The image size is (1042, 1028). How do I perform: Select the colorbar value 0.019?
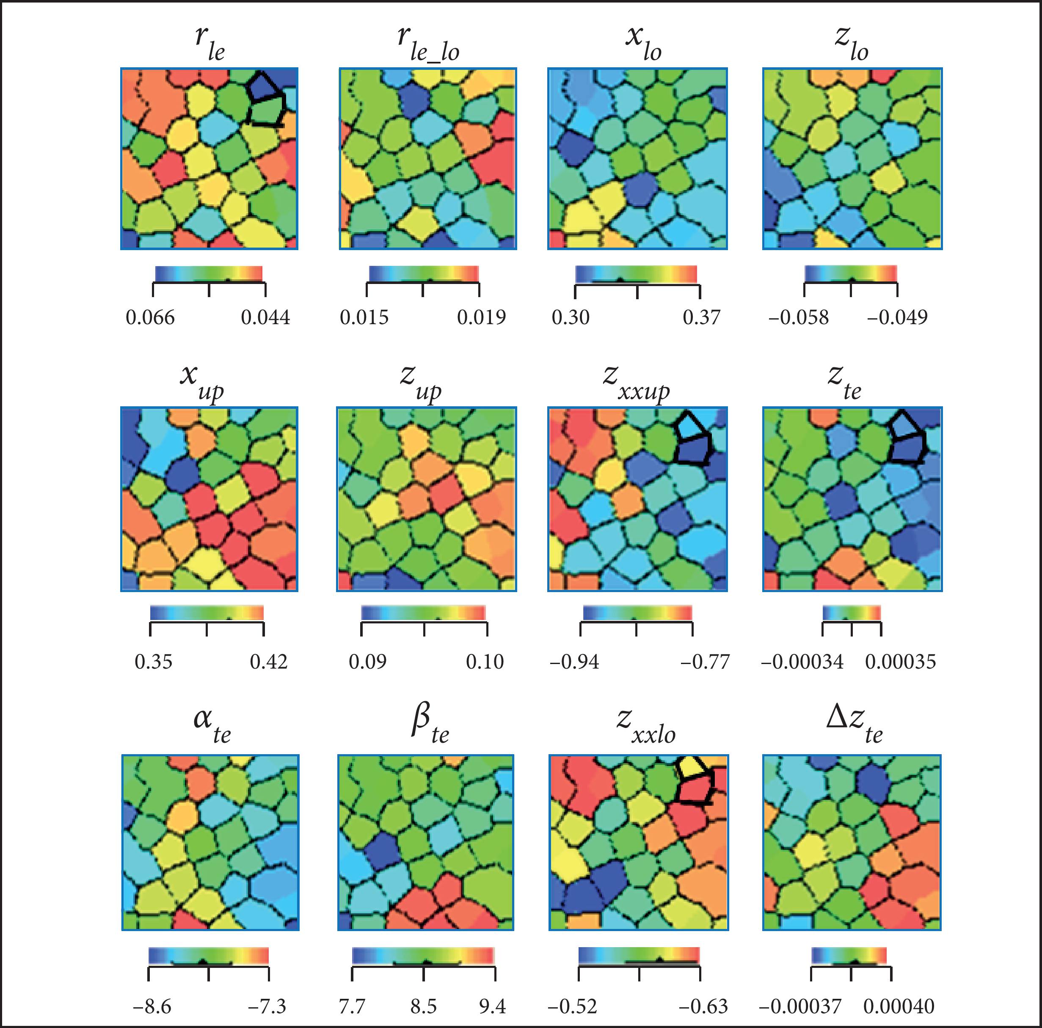pos(481,317)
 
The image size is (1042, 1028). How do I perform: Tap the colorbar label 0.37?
pos(701,317)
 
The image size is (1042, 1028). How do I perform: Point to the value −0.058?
pos(798,317)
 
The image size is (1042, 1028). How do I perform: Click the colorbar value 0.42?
pos(269,662)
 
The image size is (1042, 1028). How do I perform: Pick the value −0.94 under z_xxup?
pos(574,662)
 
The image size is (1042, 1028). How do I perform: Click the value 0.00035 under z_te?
pos(900,662)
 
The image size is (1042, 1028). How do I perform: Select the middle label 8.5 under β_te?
pos(423,1006)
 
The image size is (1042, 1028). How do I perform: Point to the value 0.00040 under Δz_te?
pos(899,1006)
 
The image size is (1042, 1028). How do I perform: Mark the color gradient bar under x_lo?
pos(637,274)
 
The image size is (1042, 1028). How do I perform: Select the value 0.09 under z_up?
pos(367,662)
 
